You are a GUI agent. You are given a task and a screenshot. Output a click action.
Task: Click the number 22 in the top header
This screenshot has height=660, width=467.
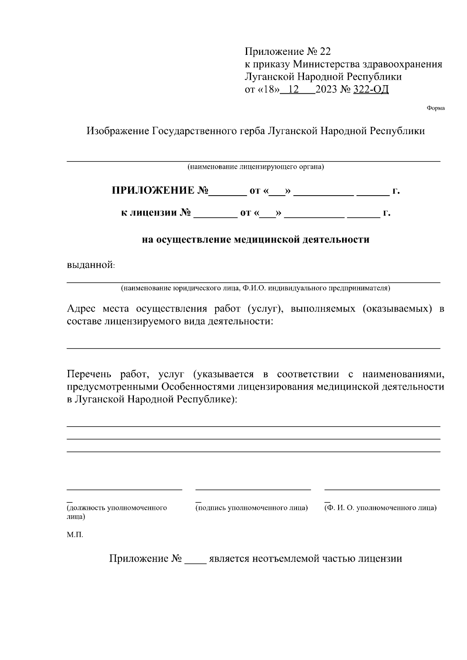(324, 52)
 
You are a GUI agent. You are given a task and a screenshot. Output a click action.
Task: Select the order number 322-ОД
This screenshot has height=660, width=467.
(370, 89)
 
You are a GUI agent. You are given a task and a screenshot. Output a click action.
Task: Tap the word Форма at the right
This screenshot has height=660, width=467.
(435, 109)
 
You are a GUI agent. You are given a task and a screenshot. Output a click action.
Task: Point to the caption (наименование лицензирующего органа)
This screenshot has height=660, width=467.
(255, 167)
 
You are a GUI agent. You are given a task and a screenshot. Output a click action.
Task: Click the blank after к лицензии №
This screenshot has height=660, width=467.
(215, 214)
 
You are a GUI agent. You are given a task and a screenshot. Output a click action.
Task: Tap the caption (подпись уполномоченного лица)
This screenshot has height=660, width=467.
(252, 508)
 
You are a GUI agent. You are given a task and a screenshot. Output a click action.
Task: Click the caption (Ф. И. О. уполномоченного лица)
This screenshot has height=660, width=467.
(380, 508)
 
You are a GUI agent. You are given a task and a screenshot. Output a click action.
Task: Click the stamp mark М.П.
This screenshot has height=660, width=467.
(75, 535)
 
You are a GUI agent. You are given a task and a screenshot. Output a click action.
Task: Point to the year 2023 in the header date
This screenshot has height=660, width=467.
(327, 89)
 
